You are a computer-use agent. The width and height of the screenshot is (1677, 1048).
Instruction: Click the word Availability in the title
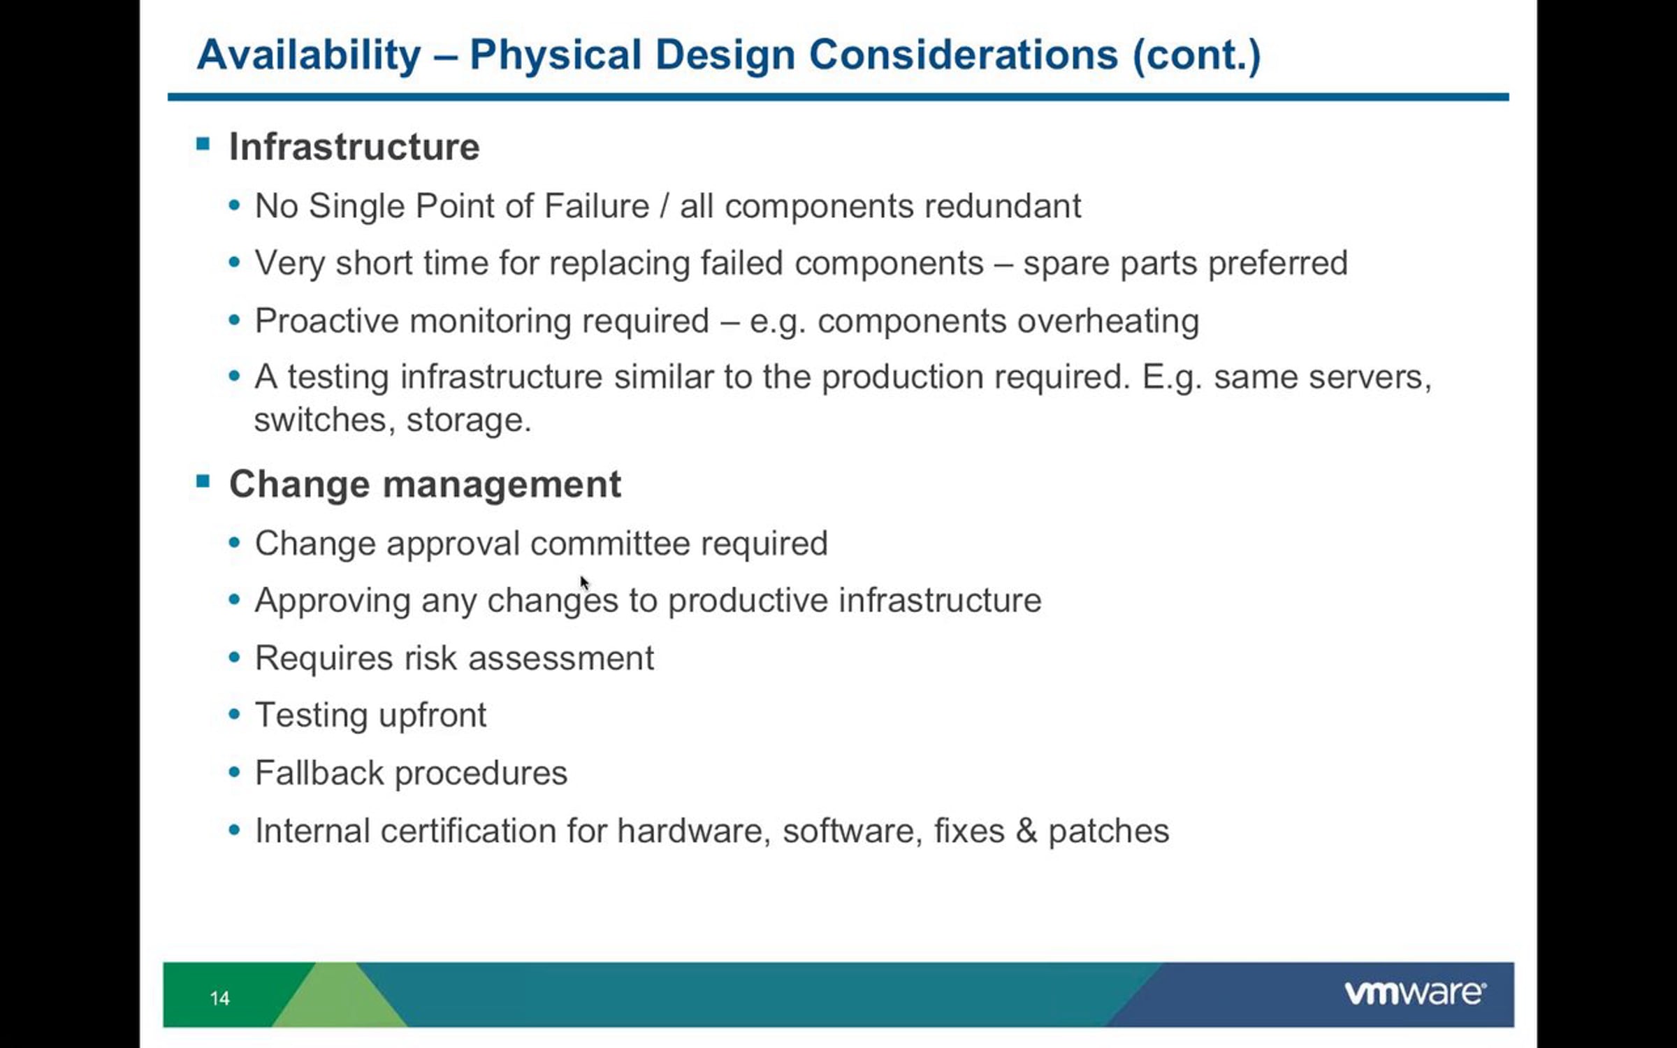tap(309, 56)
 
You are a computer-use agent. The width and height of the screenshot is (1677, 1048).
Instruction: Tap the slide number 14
tap(219, 998)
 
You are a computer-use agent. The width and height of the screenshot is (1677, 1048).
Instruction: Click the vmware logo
tap(1415, 993)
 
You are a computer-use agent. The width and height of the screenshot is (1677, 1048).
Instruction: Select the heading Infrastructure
tap(354, 147)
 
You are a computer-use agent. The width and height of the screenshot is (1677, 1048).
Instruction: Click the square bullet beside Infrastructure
tap(203, 144)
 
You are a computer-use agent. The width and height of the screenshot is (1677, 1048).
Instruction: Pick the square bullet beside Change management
tap(203, 481)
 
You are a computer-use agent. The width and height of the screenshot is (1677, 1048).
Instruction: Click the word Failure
tap(597, 206)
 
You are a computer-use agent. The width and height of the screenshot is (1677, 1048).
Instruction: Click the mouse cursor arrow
tap(585, 583)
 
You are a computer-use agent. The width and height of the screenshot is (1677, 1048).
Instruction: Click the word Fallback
tap(319, 773)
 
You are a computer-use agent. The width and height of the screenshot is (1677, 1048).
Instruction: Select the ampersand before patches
tap(1026, 831)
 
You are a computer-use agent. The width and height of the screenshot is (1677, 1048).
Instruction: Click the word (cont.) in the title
tap(1197, 56)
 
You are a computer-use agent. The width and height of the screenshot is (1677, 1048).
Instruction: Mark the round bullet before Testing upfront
tap(235, 715)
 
